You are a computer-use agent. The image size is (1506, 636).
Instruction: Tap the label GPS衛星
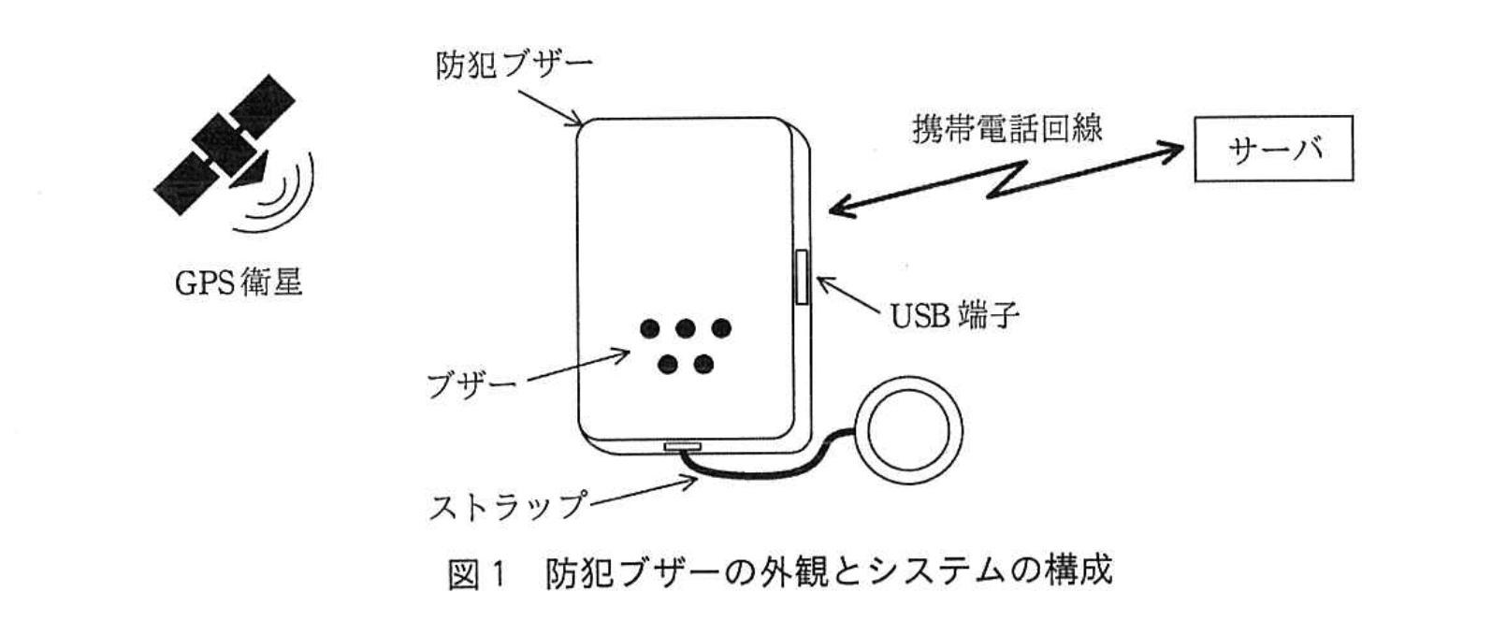point(239,282)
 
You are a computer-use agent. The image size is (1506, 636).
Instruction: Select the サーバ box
point(1273,148)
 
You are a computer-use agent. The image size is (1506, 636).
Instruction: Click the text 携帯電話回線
point(1006,128)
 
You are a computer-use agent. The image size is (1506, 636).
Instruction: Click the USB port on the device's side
point(802,277)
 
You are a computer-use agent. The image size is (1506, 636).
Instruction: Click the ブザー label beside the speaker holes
point(471,383)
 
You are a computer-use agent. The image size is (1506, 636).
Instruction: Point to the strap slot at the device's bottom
point(682,447)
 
